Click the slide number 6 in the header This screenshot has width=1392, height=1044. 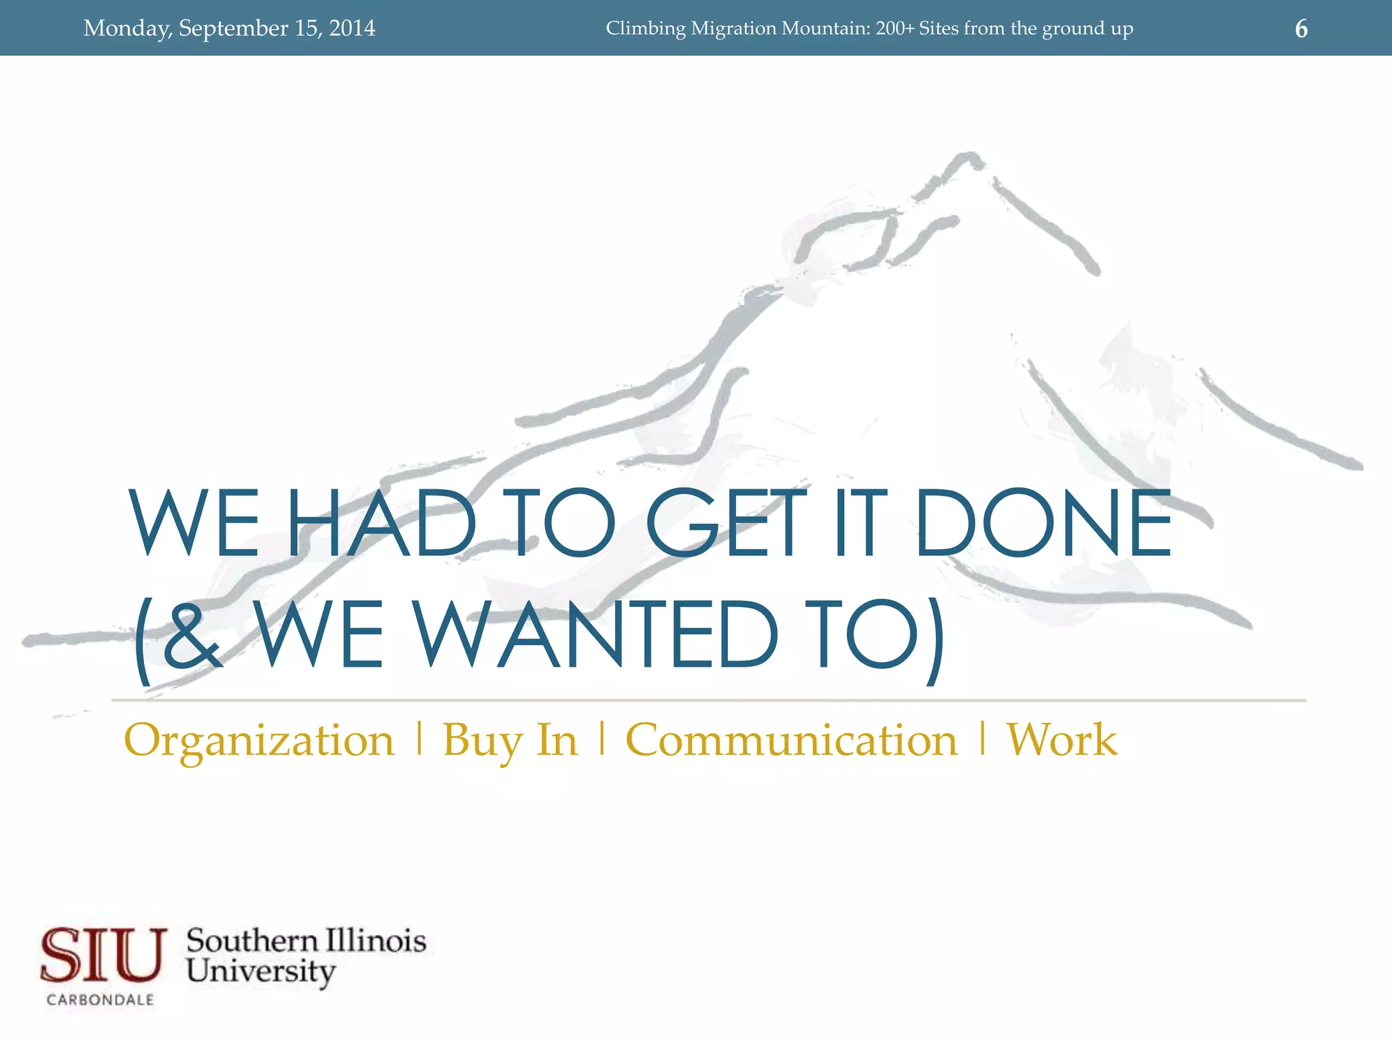[1301, 29]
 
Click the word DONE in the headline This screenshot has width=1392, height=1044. [1043, 523]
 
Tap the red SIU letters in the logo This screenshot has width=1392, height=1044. [103, 955]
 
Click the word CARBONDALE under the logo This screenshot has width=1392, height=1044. [101, 1000]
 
